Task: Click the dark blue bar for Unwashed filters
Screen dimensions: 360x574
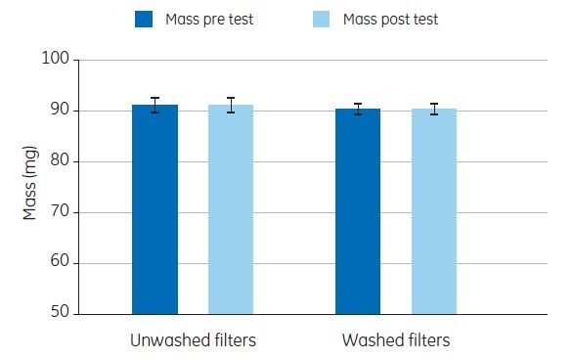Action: click(x=155, y=209)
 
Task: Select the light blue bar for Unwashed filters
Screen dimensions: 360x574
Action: click(x=231, y=209)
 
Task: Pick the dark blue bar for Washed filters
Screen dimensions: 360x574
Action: click(x=358, y=211)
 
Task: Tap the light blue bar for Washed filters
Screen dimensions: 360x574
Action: click(x=433, y=211)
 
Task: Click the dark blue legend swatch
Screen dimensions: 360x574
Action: click(x=146, y=18)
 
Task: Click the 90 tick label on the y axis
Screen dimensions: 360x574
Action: click(x=58, y=111)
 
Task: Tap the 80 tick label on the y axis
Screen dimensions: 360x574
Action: click(x=58, y=161)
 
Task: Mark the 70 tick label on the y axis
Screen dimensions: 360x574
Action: click(x=58, y=212)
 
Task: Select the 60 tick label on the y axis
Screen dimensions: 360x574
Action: click(x=58, y=263)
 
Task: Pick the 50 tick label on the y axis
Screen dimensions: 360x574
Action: click(x=58, y=314)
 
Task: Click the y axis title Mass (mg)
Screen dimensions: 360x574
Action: click(x=29, y=187)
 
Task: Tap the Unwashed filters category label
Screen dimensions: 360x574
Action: click(x=193, y=341)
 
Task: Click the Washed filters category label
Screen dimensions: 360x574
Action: click(x=396, y=341)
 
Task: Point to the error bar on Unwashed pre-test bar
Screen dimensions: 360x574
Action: click(x=155, y=105)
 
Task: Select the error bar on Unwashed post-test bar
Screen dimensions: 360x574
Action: click(x=231, y=105)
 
